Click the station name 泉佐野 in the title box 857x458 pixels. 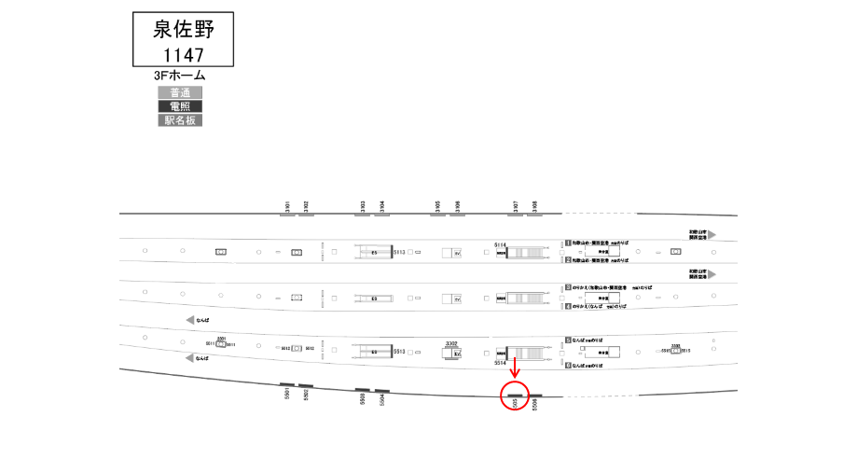(x=183, y=29)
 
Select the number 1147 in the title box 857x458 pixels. (x=183, y=54)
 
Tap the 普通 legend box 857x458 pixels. (x=180, y=92)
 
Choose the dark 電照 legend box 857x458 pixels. (x=180, y=106)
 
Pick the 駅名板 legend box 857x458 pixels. (x=180, y=120)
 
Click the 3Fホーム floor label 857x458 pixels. (x=180, y=76)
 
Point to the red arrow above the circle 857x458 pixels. (x=515, y=368)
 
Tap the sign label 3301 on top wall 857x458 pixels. (x=288, y=206)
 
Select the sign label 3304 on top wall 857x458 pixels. (x=381, y=206)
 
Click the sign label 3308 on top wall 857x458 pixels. (x=534, y=206)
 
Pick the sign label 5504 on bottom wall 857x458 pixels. (x=382, y=399)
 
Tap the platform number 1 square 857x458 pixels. (x=567, y=243)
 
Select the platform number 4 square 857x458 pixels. (x=567, y=306)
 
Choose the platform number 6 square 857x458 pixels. (x=567, y=365)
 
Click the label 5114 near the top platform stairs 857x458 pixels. (x=499, y=244)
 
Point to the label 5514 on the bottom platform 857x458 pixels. (x=499, y=363)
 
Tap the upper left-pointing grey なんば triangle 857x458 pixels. (x=191, y=320)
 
